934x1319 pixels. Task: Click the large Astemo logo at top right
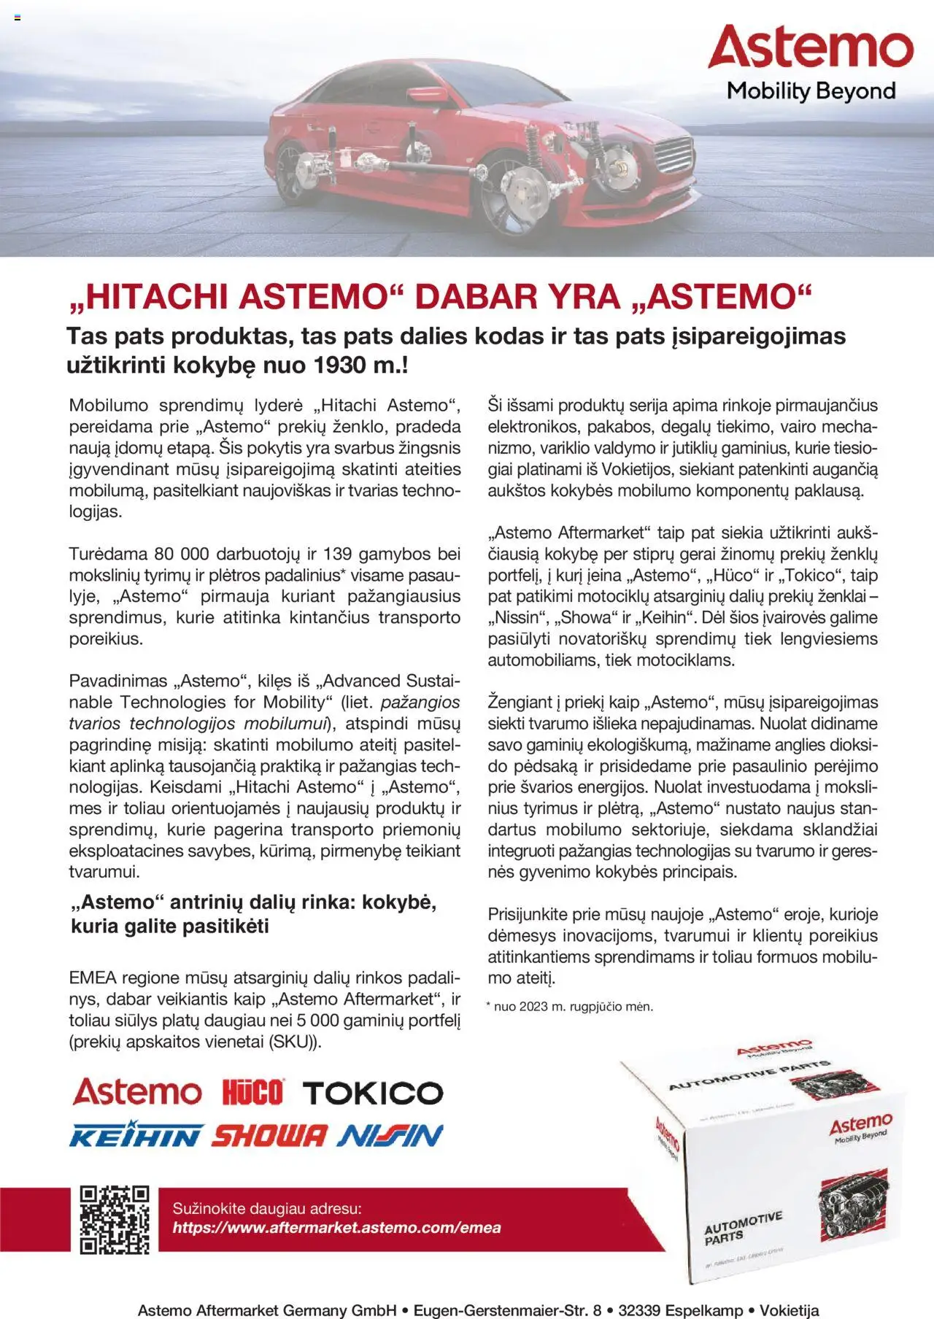pos(810,48)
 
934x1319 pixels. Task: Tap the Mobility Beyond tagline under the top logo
pos(811,91)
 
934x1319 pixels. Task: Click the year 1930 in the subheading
pos(342,365)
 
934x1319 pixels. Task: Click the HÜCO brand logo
pos(252,1093)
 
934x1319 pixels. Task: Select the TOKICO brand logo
pos(372,1093)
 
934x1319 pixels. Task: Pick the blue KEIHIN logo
pos(135,1135)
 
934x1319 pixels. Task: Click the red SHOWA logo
pos(270,1135)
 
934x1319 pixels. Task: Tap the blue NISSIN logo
pos(390,1135)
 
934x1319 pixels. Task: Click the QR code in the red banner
pos(115,1220)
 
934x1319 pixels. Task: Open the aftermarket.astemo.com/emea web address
pos(336,1227)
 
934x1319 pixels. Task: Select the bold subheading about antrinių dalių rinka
pos(253,914)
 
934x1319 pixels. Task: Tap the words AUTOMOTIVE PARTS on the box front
pos(742,1228)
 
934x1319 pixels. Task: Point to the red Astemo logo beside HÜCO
pos(136,1092)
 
